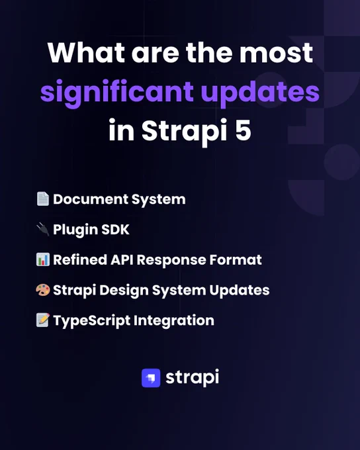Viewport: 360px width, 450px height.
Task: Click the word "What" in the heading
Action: coord(86,53)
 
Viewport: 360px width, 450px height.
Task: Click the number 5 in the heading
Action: coord(243,130)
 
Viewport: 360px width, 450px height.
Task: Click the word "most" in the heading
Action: coord(276,54)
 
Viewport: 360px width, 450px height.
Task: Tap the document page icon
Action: coord(43,199)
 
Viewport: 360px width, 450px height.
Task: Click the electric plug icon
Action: coord(43,229)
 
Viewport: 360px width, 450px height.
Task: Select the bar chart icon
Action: coord(43,259)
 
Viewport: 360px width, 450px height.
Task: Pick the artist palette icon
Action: coord(43,290)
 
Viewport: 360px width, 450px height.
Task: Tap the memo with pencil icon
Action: coord(43,320)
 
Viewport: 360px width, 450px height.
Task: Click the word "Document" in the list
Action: coord(91,199)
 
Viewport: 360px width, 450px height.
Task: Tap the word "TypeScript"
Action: coord(91,321)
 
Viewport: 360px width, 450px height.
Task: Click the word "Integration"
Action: coord(174,321)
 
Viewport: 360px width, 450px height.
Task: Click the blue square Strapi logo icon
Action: coord(151,378)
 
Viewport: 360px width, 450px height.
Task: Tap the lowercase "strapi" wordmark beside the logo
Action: coord(192,378)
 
